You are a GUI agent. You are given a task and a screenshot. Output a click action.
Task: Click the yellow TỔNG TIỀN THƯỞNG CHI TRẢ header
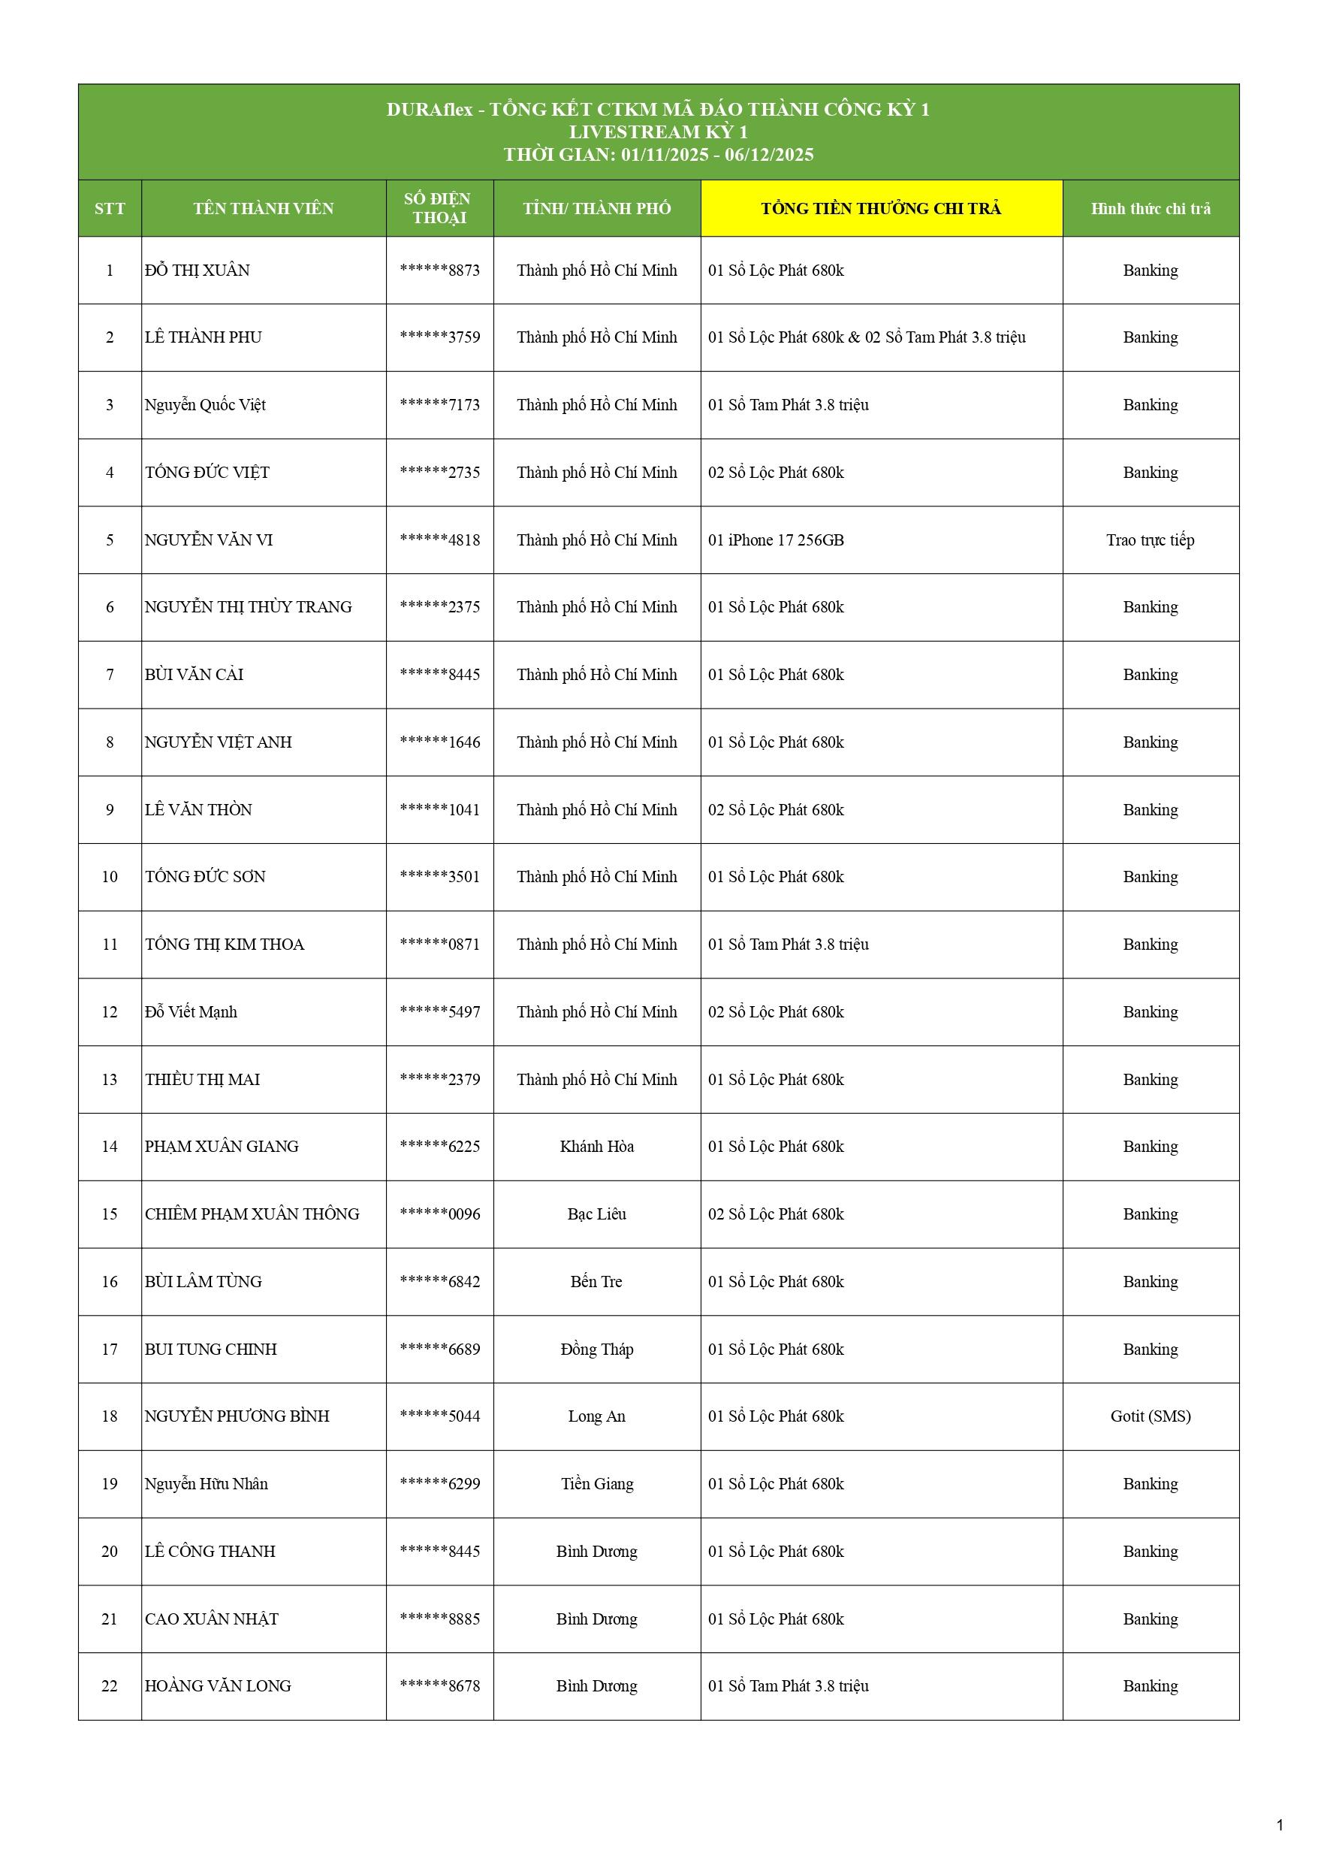[x=880, y=209]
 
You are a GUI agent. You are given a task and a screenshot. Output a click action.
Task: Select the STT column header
[x=110, y=209]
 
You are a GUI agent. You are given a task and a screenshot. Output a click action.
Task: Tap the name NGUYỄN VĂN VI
[x=209, y=540]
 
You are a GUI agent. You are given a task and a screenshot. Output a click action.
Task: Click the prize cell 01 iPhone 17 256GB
[x=776, y=540]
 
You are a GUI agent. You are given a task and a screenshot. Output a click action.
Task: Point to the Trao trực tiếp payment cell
[x=1150, y=540]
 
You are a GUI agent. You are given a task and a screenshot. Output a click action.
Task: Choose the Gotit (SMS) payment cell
[x=1150, y=1416]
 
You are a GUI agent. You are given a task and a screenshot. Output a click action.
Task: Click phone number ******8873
[x=439, y=271]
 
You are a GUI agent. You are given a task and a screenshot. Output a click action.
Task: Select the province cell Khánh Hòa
[x=597, y=1146]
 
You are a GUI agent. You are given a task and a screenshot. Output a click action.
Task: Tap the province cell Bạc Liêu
[x=597, y=1214]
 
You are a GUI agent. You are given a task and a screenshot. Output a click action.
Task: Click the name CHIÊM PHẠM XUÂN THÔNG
[x=252, y=1214]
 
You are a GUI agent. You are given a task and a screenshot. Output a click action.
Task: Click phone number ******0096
[x=439, y=1214]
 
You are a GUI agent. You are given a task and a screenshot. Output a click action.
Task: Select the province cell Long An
[x=597, y=1416]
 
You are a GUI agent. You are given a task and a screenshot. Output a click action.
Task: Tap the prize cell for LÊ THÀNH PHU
[x=867, y=337]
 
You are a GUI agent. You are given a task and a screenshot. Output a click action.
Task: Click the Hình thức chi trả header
[x=1150, y=209]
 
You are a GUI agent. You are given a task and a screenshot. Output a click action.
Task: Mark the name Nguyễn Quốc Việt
[x=206, y=404]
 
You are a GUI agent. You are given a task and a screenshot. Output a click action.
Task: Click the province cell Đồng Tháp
[x=597, y=1350]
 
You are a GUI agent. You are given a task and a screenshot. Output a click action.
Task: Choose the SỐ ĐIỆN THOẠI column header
[x=439, y=208]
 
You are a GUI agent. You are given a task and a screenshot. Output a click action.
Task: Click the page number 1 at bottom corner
[x=1280, y=1825]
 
